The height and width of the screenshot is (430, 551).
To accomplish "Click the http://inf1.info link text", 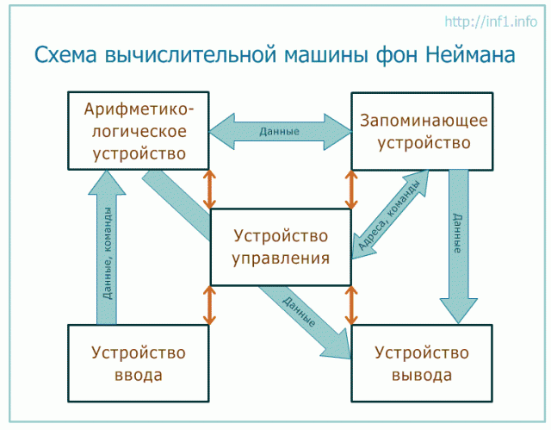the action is coord(491,22).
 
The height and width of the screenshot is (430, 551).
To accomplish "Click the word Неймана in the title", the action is coord(471,54).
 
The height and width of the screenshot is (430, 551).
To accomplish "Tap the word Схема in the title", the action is coord(65,54).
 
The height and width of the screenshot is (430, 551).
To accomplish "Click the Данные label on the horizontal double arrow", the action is coord(279,132).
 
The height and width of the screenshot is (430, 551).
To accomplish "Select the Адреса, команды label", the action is coord(388,216).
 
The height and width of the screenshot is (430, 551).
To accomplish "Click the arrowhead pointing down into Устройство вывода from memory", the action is coord(458,311).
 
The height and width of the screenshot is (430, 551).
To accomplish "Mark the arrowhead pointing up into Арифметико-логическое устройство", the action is coord(107,183).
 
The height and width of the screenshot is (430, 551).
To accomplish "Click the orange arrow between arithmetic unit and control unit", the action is coord(210,190).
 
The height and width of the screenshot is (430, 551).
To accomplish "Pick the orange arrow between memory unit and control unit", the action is coord(351,190).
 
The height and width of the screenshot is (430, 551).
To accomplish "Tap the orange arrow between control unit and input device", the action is coord(210,305).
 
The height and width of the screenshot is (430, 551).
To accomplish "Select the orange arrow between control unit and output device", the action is coord(351,305).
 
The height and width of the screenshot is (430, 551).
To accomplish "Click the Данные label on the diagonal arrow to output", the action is coord(299,311).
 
